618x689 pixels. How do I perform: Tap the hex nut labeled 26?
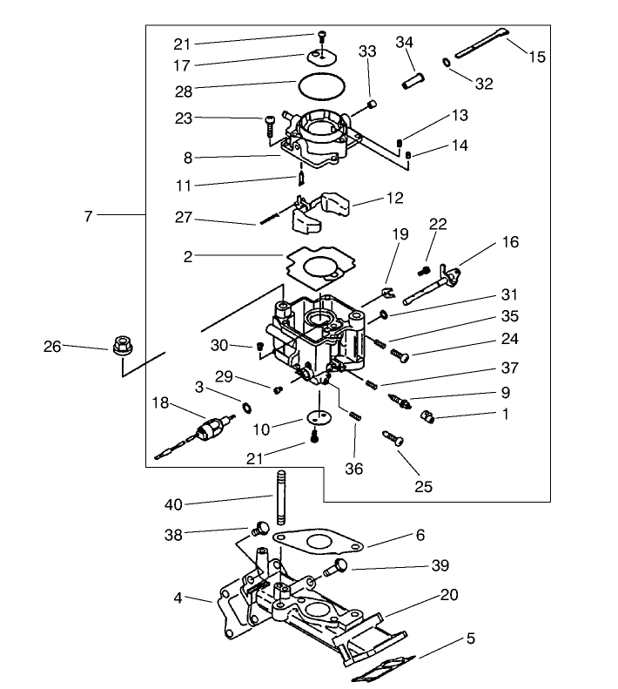coord(121,346)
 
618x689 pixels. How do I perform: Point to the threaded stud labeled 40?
coord(282,495)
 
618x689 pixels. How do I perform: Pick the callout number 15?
coord(537,57)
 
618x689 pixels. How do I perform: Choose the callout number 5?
coord(471,638)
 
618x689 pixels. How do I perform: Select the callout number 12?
coord(396,199)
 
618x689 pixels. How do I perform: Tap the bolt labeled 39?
coord(337,567)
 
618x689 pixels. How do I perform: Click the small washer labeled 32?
coord(447,63)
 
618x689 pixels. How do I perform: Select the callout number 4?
coord(178,598)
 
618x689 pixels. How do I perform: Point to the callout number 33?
coord(367,51)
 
